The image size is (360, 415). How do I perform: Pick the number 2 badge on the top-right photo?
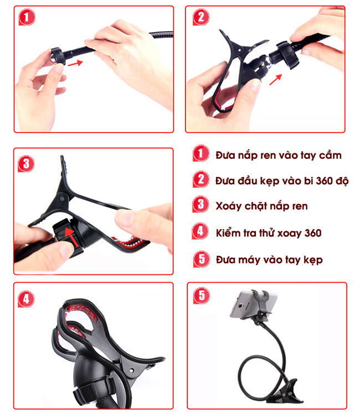(202, 17)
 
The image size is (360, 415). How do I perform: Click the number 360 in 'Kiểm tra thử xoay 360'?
(312, 232)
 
